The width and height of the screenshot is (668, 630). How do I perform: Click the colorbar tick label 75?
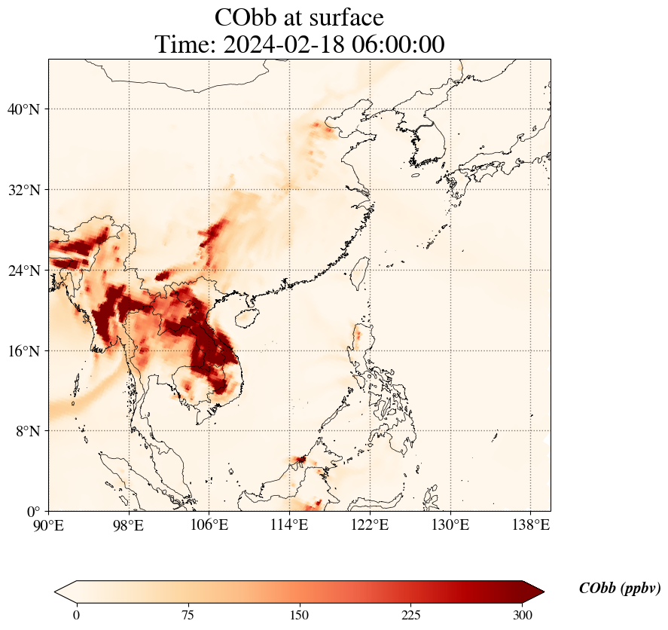pyautogui.click(x=188, y=615)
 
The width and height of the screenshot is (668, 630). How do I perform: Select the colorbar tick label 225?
pyautogui.click(x=411, y=615)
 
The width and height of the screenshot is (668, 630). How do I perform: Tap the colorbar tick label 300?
pyautogui.click(x=523, y=615)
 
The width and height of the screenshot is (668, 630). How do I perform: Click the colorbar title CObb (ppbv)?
pyautogui.click(x=619, y=589)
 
